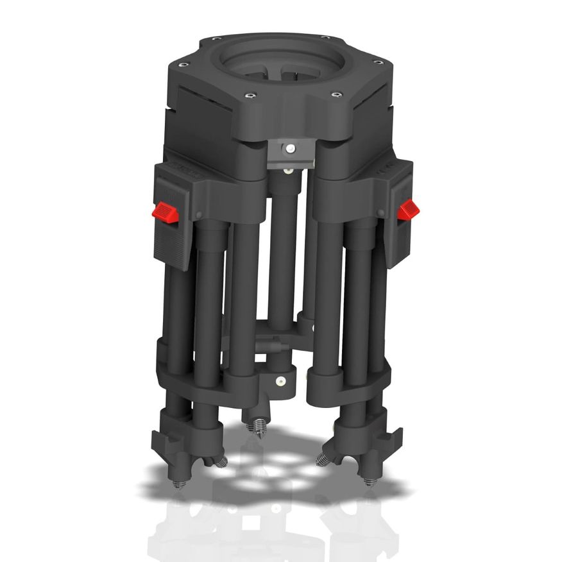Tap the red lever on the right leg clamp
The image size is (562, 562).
point(407,209)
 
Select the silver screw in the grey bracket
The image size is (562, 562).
point(291,148)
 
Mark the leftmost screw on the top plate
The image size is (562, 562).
point(183,65)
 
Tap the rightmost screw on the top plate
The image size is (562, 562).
point(378,62)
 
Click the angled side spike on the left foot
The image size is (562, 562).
point(220,461)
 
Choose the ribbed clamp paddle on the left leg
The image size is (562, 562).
point(171,244)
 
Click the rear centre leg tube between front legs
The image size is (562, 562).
point(282,257)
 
